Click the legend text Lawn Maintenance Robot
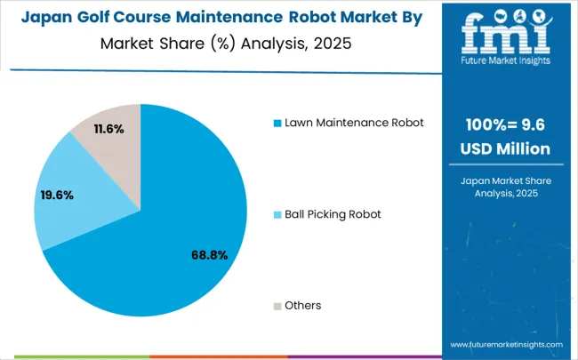click(x=354, y=122)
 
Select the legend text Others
click(x=303, y=305)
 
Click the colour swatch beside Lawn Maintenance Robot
click(x=277, y=123)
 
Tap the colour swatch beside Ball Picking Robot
click(x=277, y=214)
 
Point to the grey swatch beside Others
click(x=277, y=306)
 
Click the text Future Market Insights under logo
click(x=505, y=62)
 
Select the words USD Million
click(x=504, y=149)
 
